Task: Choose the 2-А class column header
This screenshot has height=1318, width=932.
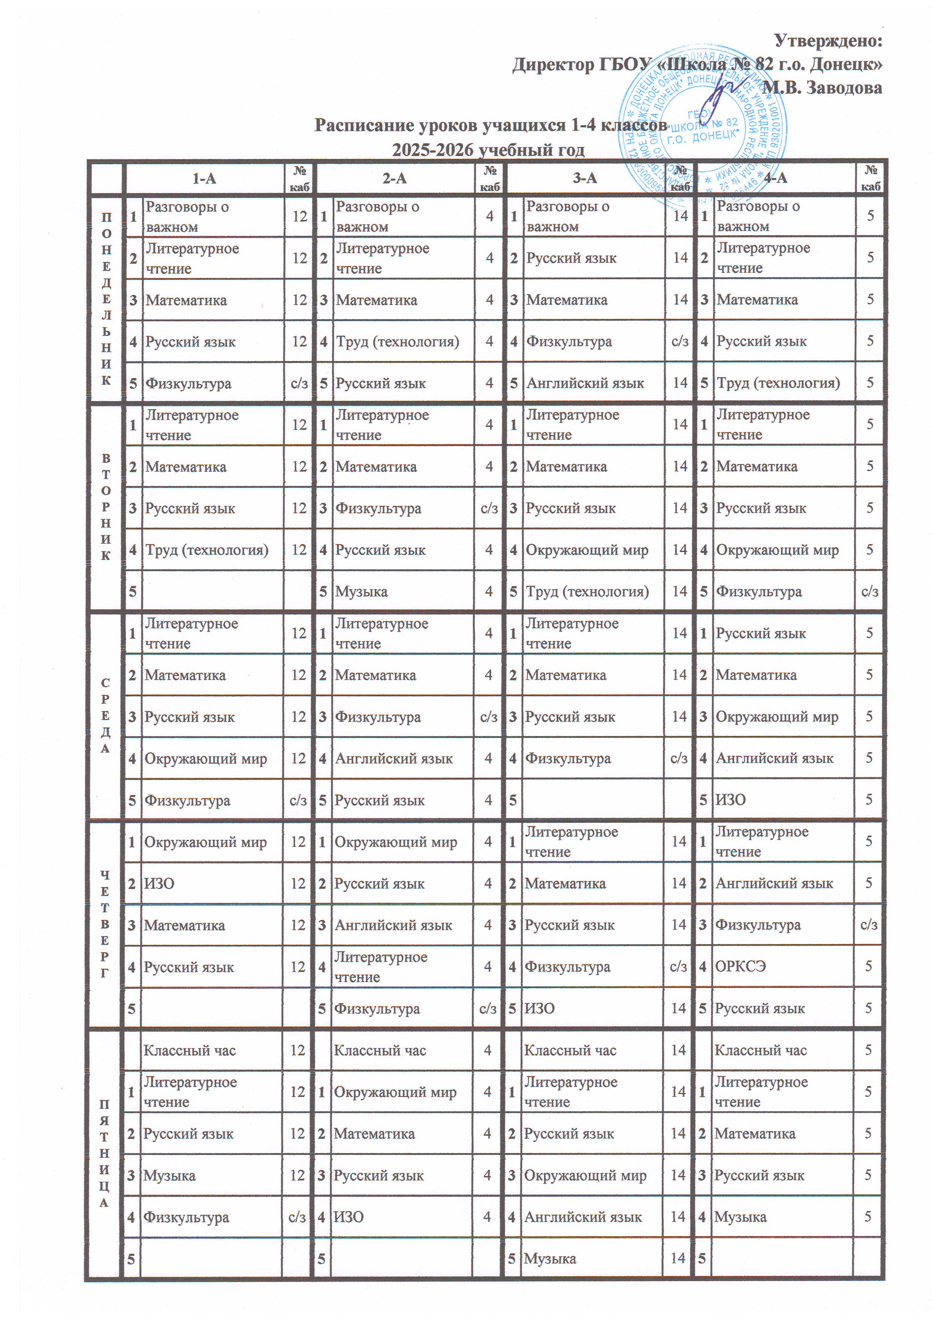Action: click(395, 178)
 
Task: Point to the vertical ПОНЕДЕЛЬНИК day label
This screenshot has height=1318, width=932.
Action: click(106, 298)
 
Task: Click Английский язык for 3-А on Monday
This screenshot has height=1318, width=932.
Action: click(585, 383)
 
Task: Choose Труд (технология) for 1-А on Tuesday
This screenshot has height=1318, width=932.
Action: click(207, 550)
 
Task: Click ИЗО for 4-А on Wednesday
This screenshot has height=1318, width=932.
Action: click(731, 800)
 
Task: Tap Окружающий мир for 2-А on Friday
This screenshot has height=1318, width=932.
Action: click(395, 1092)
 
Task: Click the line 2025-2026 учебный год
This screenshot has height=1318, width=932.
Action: click(488, 150)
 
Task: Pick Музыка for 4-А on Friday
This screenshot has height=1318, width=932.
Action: click(740, 1217)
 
